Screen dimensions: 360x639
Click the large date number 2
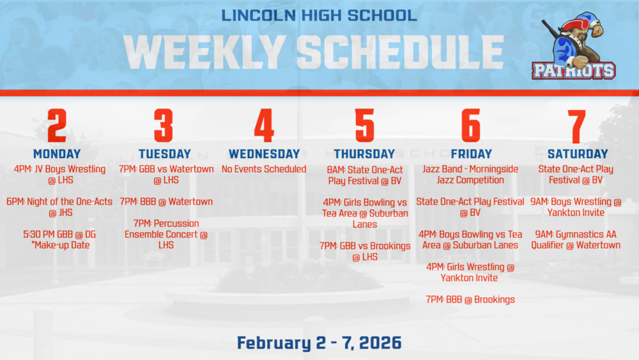57,125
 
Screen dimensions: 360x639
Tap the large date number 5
365,125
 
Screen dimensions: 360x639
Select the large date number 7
578,125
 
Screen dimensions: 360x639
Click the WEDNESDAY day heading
264,154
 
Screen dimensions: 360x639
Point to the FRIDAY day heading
471,154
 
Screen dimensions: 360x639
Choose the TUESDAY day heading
164,154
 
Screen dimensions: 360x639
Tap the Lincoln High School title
319,15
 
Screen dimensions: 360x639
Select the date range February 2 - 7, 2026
319,343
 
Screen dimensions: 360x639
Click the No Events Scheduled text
264,169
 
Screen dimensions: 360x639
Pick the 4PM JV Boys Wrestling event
59,175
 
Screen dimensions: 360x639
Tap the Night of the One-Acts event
59,207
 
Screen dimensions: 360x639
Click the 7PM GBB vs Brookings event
365,251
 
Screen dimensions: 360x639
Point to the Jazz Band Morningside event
471,175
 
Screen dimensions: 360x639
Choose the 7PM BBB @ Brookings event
470,299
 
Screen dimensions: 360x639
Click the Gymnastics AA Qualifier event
578,240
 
